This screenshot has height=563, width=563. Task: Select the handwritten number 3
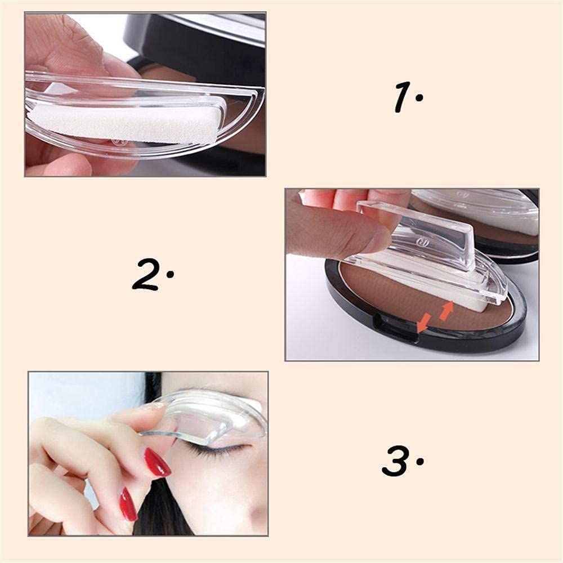pos(397,461)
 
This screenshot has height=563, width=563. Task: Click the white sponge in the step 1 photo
pos(124,123)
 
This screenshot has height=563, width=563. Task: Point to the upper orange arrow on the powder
pos(446,310)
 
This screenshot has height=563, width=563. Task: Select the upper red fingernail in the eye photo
pos(157,462)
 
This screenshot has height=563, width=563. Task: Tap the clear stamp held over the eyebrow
pos(208,417)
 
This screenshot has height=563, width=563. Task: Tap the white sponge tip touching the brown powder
pos(470,304)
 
